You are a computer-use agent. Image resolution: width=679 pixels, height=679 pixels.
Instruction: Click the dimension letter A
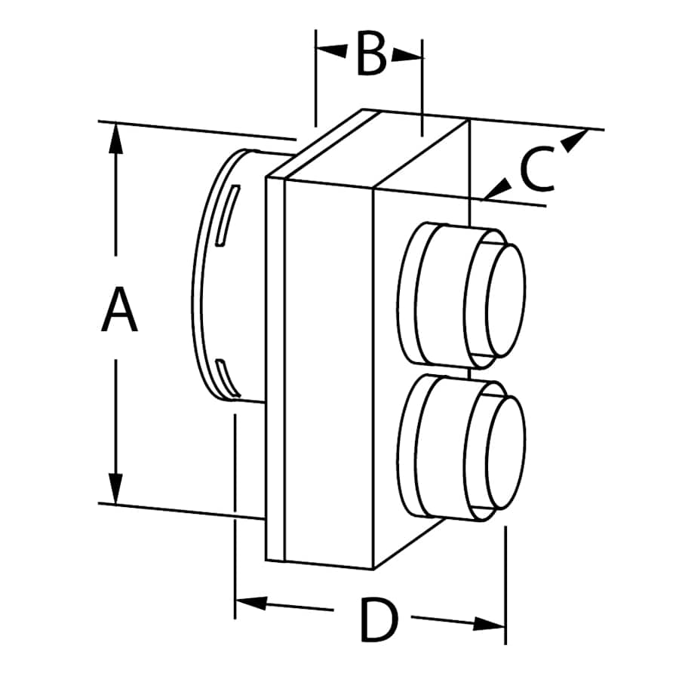point(119,309)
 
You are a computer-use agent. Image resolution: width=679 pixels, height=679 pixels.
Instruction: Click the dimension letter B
point(370,55)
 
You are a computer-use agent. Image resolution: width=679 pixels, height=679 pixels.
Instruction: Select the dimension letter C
point(536,171)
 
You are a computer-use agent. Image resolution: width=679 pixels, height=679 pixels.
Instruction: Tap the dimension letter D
point(377,620)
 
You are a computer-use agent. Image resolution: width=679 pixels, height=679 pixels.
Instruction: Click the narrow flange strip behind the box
point(275,370)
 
